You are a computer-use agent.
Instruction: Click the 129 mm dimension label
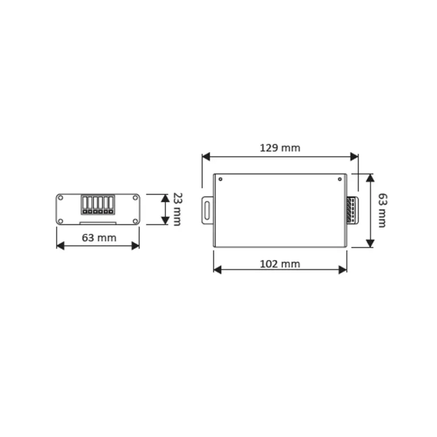pyautogui.click(x=280, y=148)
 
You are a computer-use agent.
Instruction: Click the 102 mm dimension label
pyautogui.click(x=280, y=264)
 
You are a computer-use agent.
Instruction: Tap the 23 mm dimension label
pyautogui.click(x=178, y=209)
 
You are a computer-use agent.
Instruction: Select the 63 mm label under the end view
pyautogui.click(x=99, y=238)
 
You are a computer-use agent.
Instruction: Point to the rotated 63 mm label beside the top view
pyautogui.click(x=382, y=211)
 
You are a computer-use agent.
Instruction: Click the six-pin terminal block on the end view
pyautogui.click(x=98, y=205)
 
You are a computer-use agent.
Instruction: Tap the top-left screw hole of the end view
pyautogui.click(x=60, y=198)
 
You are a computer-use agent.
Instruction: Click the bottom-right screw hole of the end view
pyautogui.click(x=135, y=221)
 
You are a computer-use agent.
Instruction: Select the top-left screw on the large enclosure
pyautogui.click(x=220, y=179)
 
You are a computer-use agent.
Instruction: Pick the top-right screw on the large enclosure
pyautogui.click(x=340, y=179)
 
